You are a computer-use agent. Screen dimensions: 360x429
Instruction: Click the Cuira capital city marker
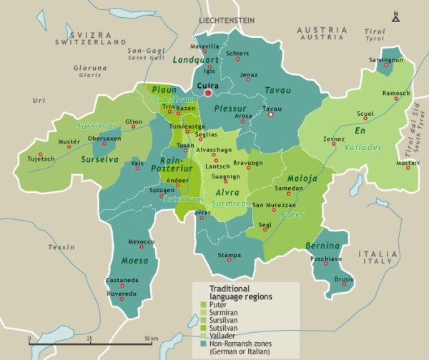(x=208, y=93)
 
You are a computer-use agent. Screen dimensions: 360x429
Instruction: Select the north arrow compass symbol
(x=395, y=15)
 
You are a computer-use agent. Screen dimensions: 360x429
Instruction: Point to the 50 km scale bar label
(x=152, y=336)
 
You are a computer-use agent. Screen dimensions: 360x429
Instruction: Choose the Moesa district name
(x=134, y=261)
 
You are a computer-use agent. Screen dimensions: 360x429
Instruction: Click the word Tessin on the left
(x=61, y=247)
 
